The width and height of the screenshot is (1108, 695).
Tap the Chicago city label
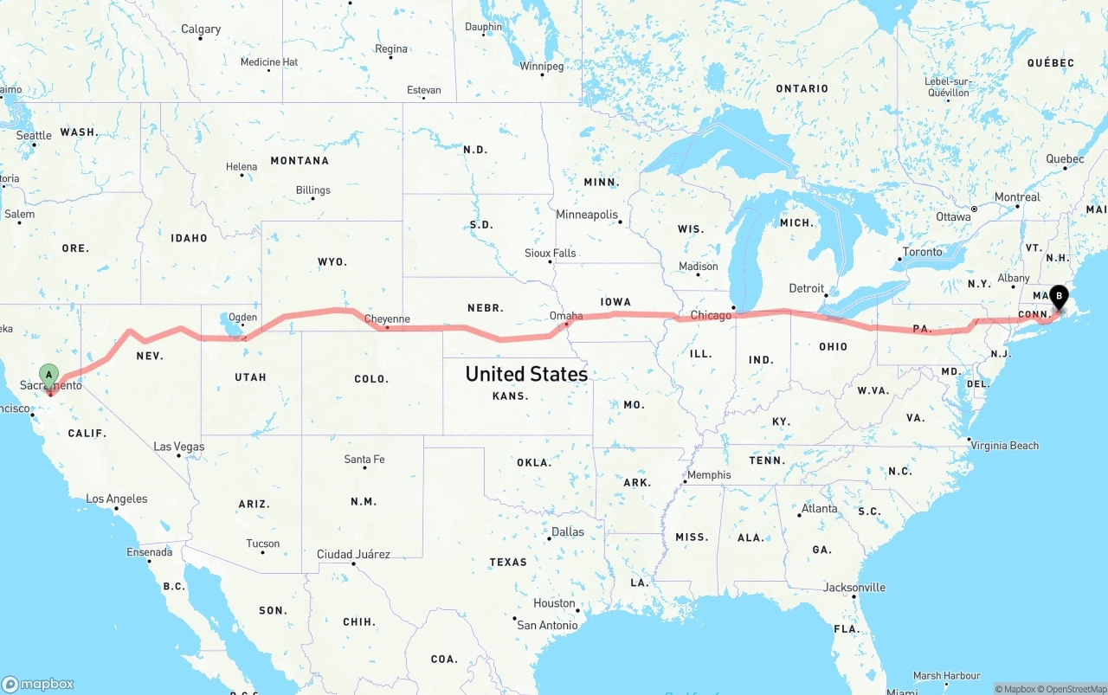tap(711, 316)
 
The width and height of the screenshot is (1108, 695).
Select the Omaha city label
tap(566, 316)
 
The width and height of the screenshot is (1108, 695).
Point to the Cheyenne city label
tap(387, 319)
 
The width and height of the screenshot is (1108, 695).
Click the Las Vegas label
tap(179, 447)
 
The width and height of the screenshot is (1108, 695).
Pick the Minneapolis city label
tap(587, 215)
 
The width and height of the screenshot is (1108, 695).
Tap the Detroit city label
tap(806, 288)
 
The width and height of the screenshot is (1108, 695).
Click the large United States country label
tap(526, 374)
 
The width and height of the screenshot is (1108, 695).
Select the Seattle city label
tap(34, 135)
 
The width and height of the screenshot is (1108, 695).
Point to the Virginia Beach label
tap(1005, 446)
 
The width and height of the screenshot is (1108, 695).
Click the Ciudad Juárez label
tap(353, 554)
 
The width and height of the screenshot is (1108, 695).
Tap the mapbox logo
tap(38, 684)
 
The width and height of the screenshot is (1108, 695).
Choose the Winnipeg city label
tap(542, 66)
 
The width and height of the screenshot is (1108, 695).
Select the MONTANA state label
tap(300, 160)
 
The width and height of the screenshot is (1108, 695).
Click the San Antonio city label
tap(547, 625)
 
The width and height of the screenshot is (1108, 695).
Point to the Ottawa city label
tap(953, 216)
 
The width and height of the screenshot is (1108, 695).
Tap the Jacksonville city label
tap(854, 587)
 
